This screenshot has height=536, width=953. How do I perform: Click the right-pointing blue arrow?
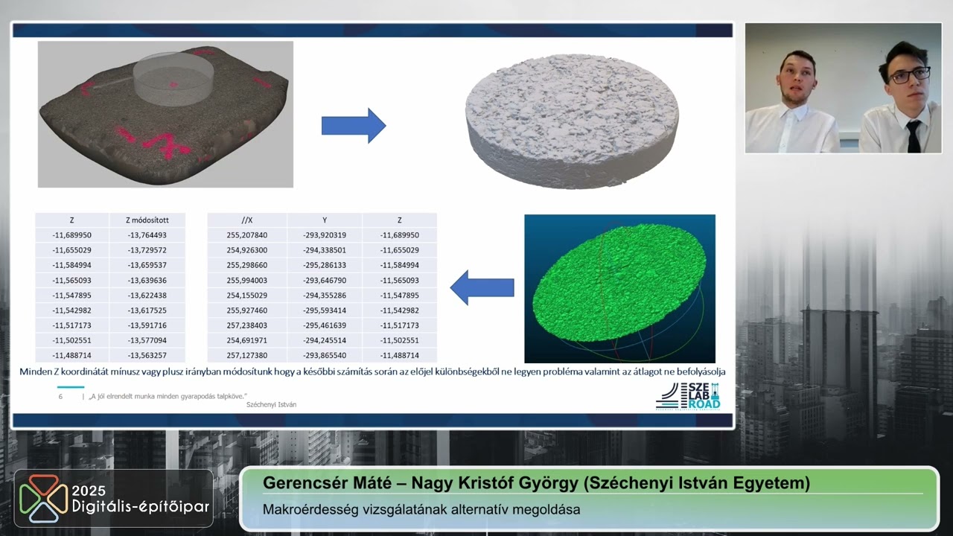click(354, 126)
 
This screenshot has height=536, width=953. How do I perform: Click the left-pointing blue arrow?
click(482, 287)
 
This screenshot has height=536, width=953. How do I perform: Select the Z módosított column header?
click(147, 220)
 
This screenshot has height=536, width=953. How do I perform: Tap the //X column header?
click(246, 220)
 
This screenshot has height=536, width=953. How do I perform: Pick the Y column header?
click(325, 220)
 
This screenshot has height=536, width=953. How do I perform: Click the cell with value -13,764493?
click(147, 234)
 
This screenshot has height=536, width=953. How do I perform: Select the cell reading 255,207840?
click(246, 234)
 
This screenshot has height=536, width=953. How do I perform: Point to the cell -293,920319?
click(325, 234)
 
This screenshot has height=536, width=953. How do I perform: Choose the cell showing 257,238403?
click(246, 325)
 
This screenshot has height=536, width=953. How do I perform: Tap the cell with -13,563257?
click(147, 355)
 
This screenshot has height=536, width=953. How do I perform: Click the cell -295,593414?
click(325, 310)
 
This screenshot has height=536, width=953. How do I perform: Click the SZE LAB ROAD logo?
click(688, 396)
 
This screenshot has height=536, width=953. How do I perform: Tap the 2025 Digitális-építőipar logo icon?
click(43, 498)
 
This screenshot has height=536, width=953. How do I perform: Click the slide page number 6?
click(60, 397)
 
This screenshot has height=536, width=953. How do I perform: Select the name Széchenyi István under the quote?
click(272, 404)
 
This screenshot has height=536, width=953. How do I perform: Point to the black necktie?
click(914, 136)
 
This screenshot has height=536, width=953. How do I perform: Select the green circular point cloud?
click(619, 282)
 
